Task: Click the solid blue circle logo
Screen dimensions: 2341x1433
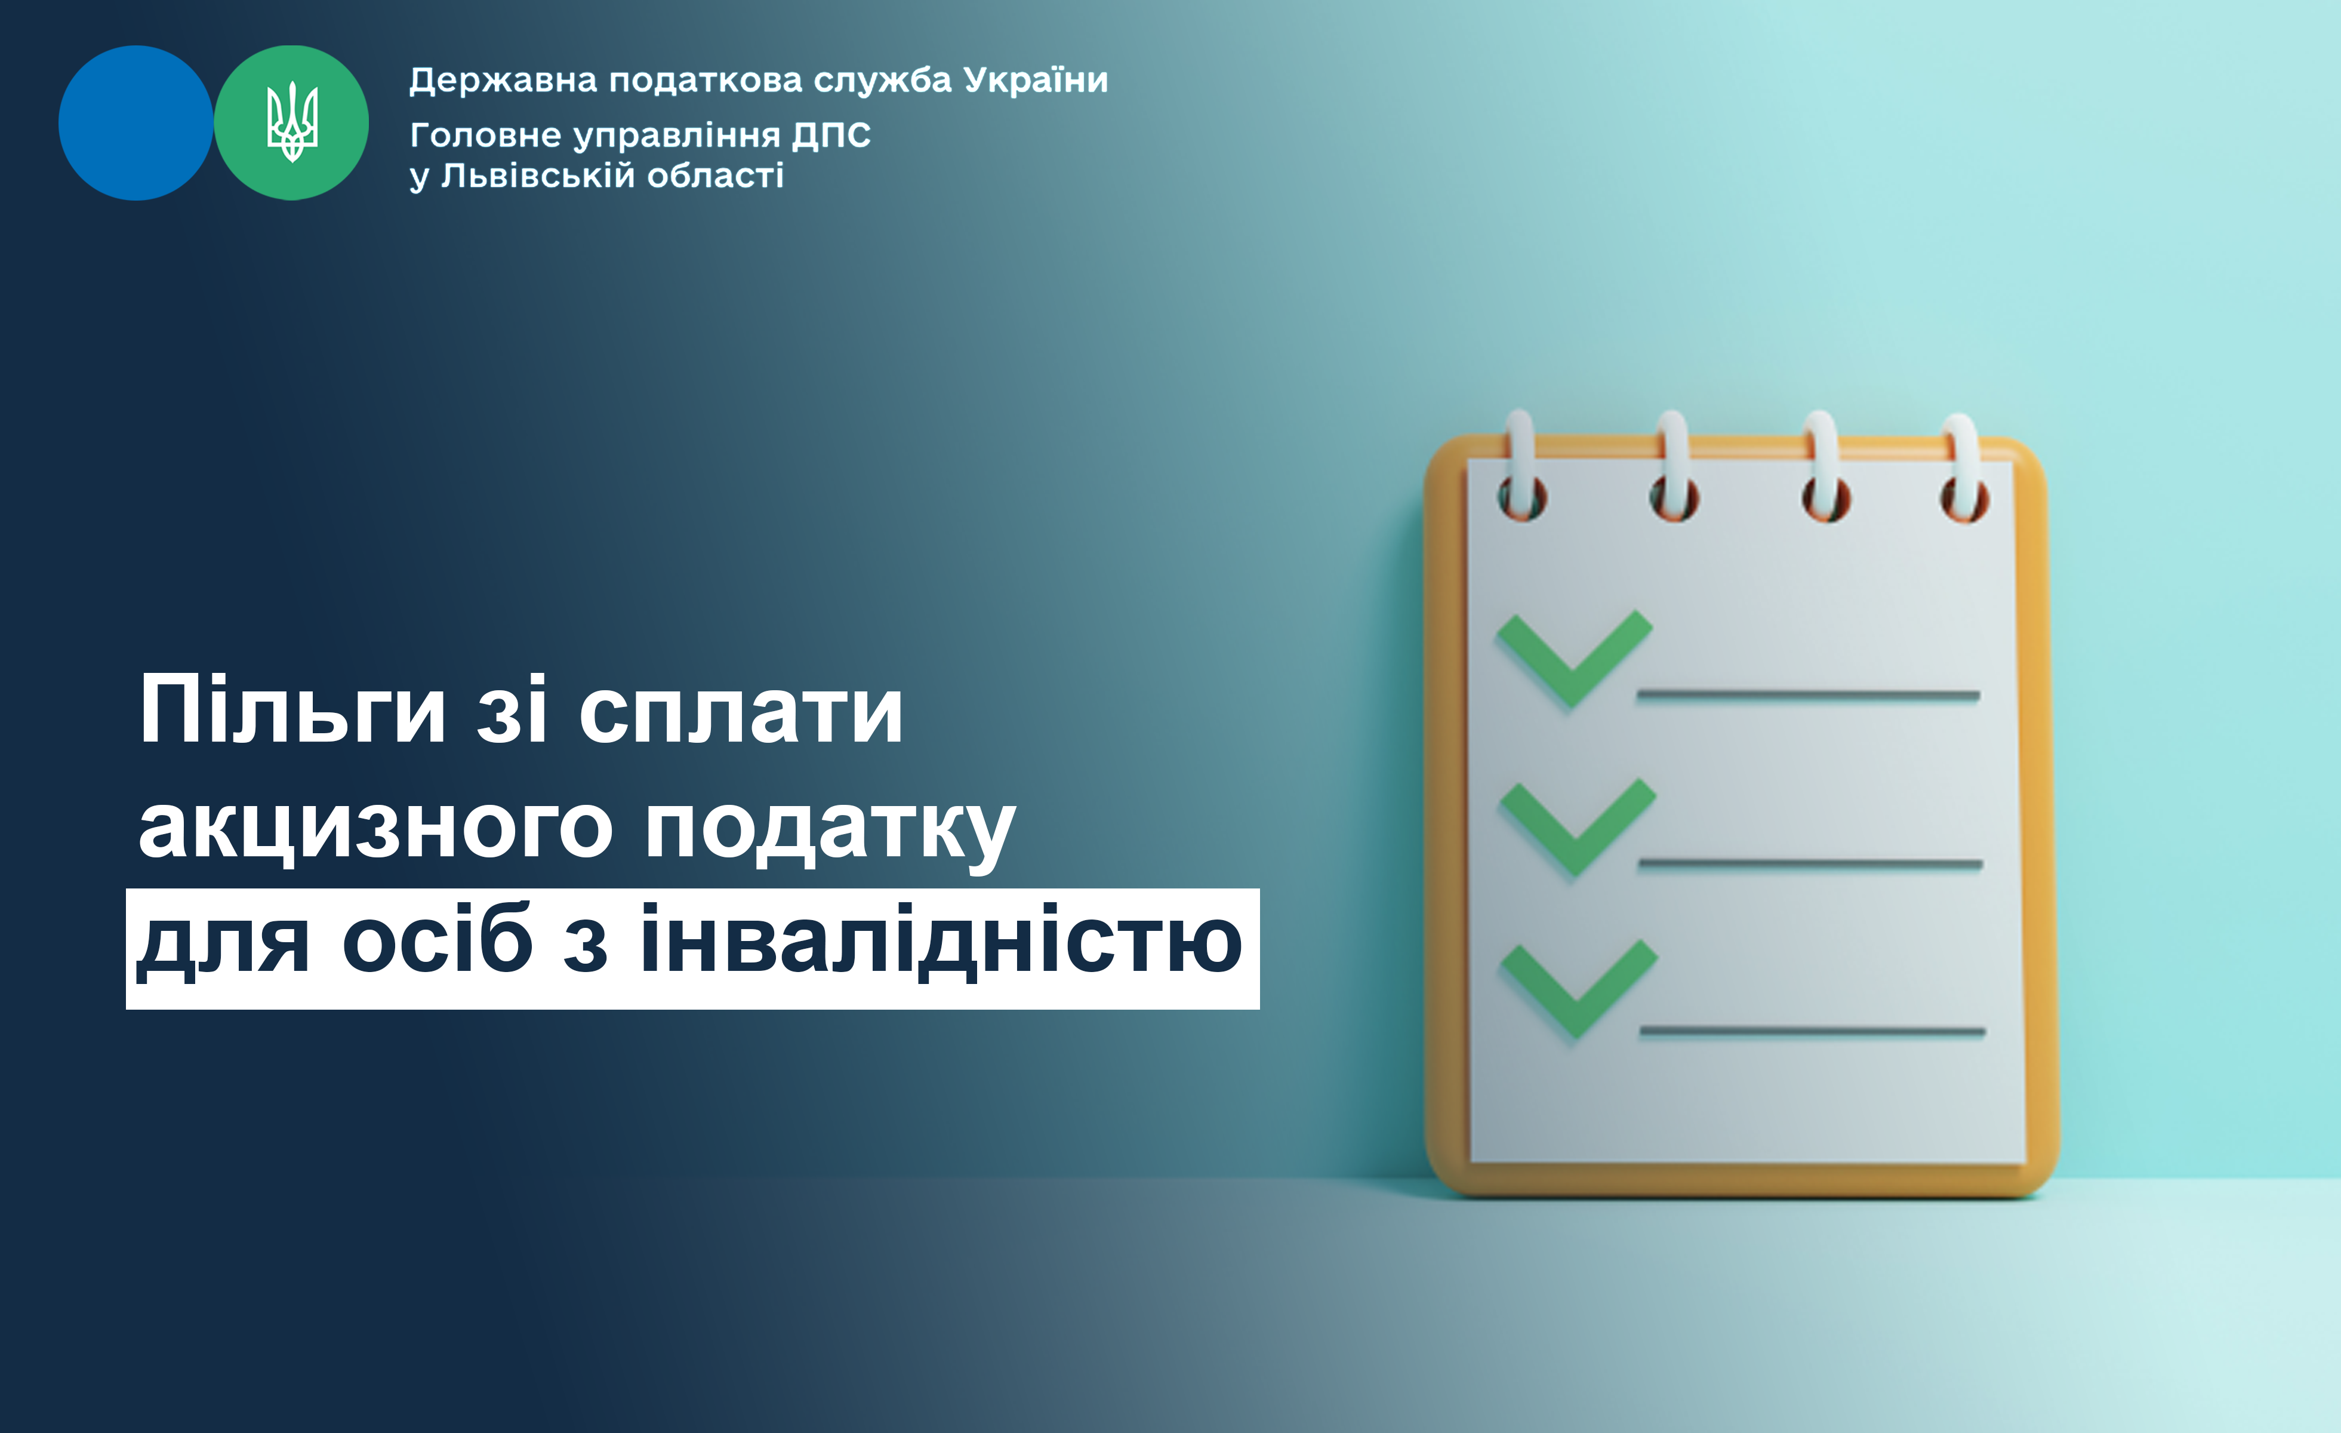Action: click(136, 122)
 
